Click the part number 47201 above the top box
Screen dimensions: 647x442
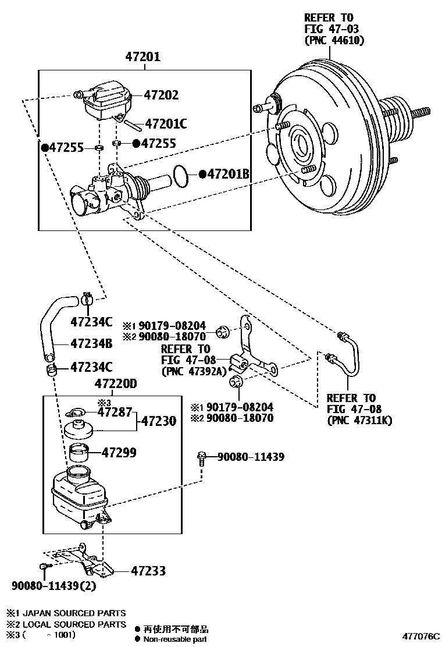click(142, 57)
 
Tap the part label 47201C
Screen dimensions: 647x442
click(166, 123)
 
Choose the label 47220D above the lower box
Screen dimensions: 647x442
click(116, 385)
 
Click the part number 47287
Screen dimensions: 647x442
click(115, 412)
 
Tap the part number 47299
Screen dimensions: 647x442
click(119, 452)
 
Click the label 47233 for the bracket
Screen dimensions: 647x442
click(148, 571)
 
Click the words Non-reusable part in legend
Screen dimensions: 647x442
click(174, 639)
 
